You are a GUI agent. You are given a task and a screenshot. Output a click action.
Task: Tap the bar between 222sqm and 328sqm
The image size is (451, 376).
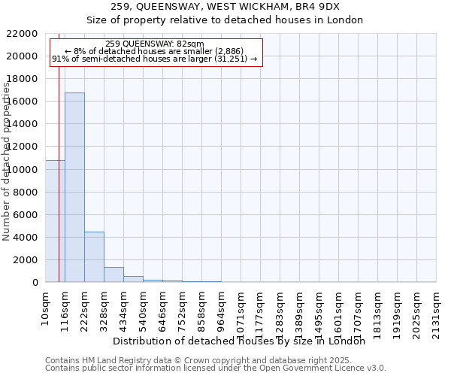point(94,257)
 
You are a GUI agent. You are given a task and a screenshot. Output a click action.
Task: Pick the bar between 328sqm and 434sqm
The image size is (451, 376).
point(114,274)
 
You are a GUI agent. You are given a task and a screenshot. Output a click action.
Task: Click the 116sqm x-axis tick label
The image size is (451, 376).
point(65,308)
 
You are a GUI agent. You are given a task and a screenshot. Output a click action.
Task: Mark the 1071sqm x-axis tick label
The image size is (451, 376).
point(241,311)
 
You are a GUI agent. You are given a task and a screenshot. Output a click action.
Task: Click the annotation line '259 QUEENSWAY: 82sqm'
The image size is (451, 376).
point(155,44)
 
